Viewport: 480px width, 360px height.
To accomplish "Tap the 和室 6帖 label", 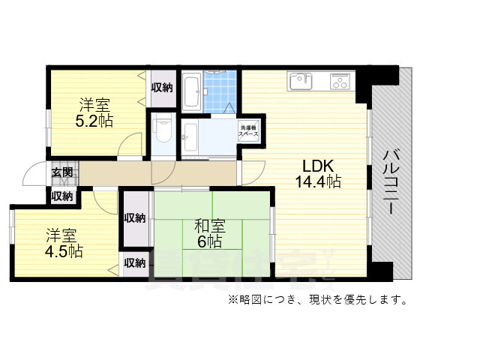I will pyautogui.click(x=208, y=233).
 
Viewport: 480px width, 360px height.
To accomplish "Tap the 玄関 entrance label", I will pyautogui.click(x=62, y=172).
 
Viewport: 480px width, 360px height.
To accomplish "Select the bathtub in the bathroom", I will pyautogui.click(x=191, y=91).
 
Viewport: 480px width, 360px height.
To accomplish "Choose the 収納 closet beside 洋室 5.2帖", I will pyautogui.click(x=162, y=88).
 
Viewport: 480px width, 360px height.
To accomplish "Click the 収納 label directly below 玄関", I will pyautogui.click(x=62, y=196).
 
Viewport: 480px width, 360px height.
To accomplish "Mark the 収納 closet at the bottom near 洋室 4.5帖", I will pyautogui.click(x=135, y=263).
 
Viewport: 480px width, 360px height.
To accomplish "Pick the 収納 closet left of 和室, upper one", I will pyautogui.click(x=135, y=217).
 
